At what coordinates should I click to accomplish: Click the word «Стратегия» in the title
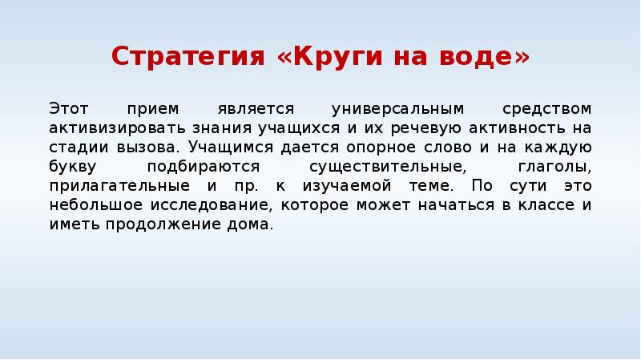pos(189,57)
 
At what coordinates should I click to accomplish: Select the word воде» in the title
pos(486,57)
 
